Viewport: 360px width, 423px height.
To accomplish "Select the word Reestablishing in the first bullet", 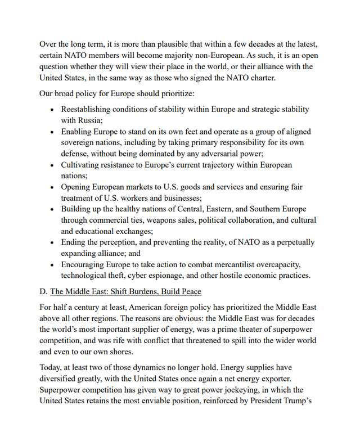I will point(88,109).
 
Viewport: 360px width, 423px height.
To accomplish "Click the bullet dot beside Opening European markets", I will point(52,187).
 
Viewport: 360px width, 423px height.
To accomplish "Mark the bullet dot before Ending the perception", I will point(52,242).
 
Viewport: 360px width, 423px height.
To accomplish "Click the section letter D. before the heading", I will point(43,291).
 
